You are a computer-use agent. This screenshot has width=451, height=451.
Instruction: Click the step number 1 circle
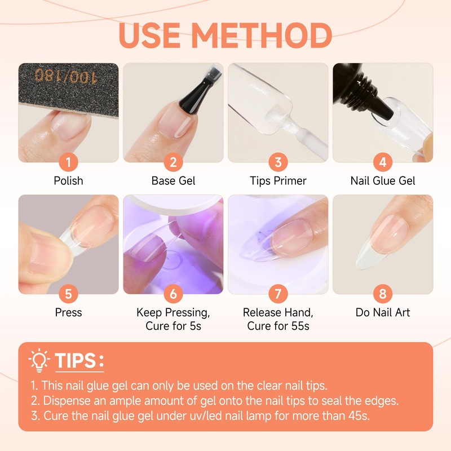click(x=69, y=163)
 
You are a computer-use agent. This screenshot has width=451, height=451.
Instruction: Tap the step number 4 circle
click(x=383, y=163)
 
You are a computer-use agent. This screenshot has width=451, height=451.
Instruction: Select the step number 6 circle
click(x=173, y=294)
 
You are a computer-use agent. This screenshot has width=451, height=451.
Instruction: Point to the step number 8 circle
click(x=383, y=294)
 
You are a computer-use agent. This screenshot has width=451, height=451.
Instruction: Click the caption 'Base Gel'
click(x=173, y=181)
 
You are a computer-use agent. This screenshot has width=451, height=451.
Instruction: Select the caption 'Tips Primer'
click(x=278, y=181)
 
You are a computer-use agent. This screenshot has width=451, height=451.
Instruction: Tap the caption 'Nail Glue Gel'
click(x=383, y=181)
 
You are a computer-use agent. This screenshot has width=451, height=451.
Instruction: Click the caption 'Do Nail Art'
click(x=383, y=312)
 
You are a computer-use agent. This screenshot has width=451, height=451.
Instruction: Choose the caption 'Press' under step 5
click(x=69, y=312)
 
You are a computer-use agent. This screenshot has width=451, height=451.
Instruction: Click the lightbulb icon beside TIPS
click(x=39, y=360)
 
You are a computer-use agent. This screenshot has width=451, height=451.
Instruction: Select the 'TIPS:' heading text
click(x=79, y=361)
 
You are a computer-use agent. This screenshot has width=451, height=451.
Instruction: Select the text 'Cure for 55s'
click(x=278, y=325)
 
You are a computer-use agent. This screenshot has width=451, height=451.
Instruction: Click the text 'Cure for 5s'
click(x=173, y=325)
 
